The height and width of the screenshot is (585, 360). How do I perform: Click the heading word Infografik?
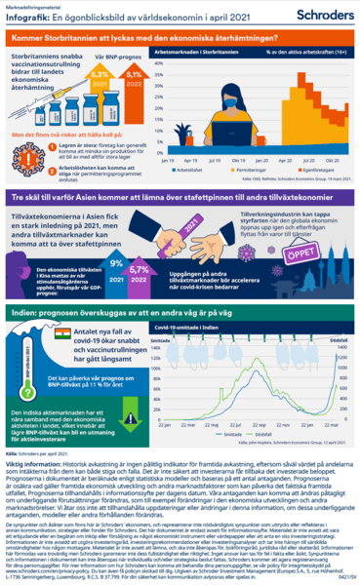(x=26, y=19)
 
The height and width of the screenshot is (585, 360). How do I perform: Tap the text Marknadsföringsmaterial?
(x=30, y=7)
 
